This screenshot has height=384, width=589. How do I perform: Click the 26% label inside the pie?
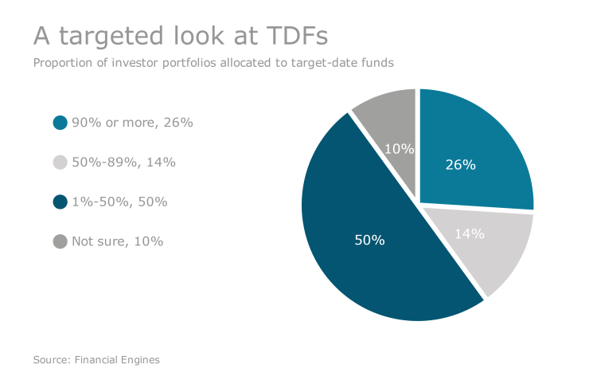[x=460, y=165]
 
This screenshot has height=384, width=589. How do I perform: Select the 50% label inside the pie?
[x=369, y=239]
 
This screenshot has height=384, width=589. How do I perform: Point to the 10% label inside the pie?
[x=398, y=148]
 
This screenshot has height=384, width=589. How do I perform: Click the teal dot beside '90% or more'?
[x=60, y=123]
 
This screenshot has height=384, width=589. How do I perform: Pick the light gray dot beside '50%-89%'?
[x=60, y=162]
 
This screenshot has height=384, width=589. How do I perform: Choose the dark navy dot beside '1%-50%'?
[x=60, y=202]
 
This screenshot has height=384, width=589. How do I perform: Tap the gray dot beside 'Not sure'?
[x=60, y=241]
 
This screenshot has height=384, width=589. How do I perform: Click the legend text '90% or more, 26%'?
[x=132, y=123]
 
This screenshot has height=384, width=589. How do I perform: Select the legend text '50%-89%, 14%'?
[x=123, y=162]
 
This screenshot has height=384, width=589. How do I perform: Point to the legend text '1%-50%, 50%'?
[x=119, y=202]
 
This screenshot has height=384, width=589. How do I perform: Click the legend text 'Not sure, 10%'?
[x=117, y=241]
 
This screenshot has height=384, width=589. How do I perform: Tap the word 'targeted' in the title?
[x=107, y=37]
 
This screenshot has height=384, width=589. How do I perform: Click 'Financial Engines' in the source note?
[x=117, y=360]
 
